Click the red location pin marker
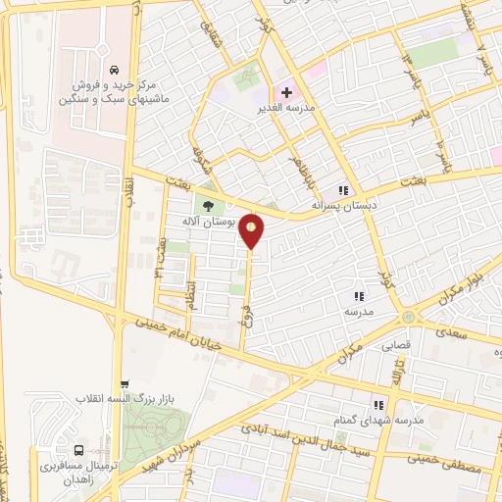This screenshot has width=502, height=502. [x=253, y=230]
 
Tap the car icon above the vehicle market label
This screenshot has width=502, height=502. [x=116, y=71]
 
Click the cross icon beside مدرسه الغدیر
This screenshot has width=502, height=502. [x=286, y=92]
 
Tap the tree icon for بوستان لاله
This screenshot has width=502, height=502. [x=207, y=204]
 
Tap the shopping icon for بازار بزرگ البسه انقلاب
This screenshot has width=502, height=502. [x=123, y=385]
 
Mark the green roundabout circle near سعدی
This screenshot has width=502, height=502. [x=407, y=317]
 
